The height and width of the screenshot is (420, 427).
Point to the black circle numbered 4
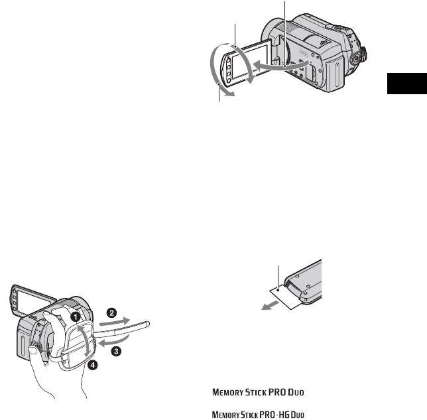[x=93, y=364]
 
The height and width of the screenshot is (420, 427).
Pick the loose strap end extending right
[x=135, y=325]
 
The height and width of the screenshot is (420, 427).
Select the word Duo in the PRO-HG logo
[x=295, y=415]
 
